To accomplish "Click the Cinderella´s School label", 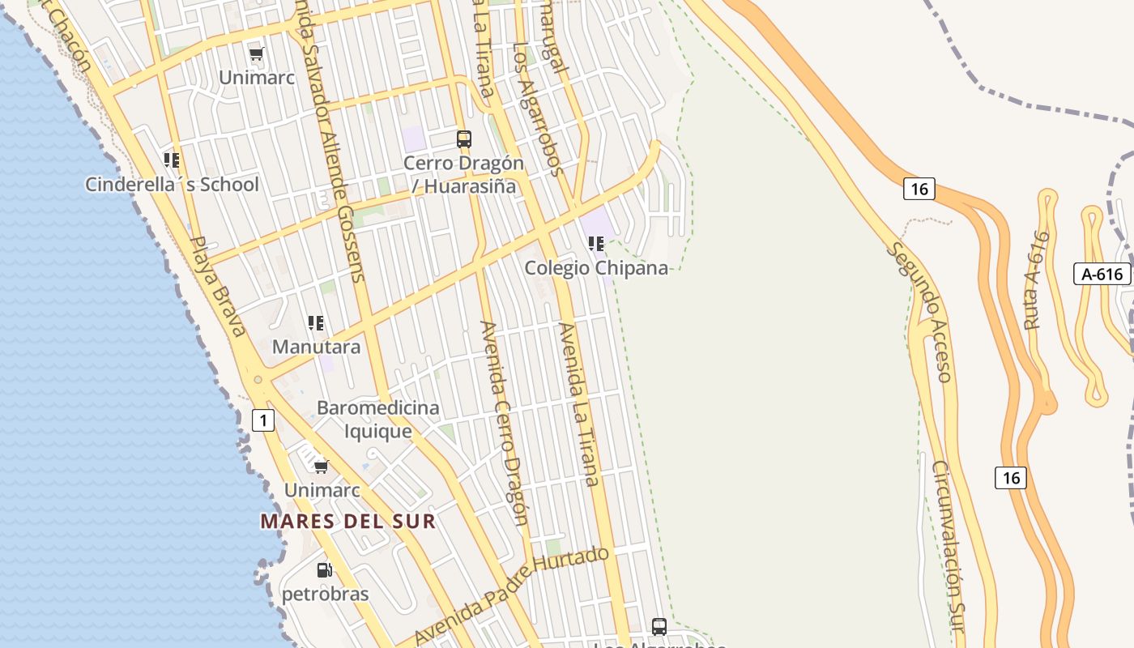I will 172,185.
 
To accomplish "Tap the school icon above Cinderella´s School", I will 172,160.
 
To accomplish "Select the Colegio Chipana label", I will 596,268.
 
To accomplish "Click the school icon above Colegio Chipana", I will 597,243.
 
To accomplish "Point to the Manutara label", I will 316,347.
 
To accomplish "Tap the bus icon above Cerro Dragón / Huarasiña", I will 464,139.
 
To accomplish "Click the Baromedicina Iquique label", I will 378,419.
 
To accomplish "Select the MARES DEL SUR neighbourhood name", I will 348,522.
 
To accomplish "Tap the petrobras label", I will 325,594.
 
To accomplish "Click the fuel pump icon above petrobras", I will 325,570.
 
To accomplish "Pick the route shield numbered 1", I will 263,420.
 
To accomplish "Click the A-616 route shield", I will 1102,274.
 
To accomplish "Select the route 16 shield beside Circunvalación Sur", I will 1011,478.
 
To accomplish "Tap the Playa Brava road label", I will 218,286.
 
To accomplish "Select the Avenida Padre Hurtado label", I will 512,596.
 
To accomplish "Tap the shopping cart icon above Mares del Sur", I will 322,466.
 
